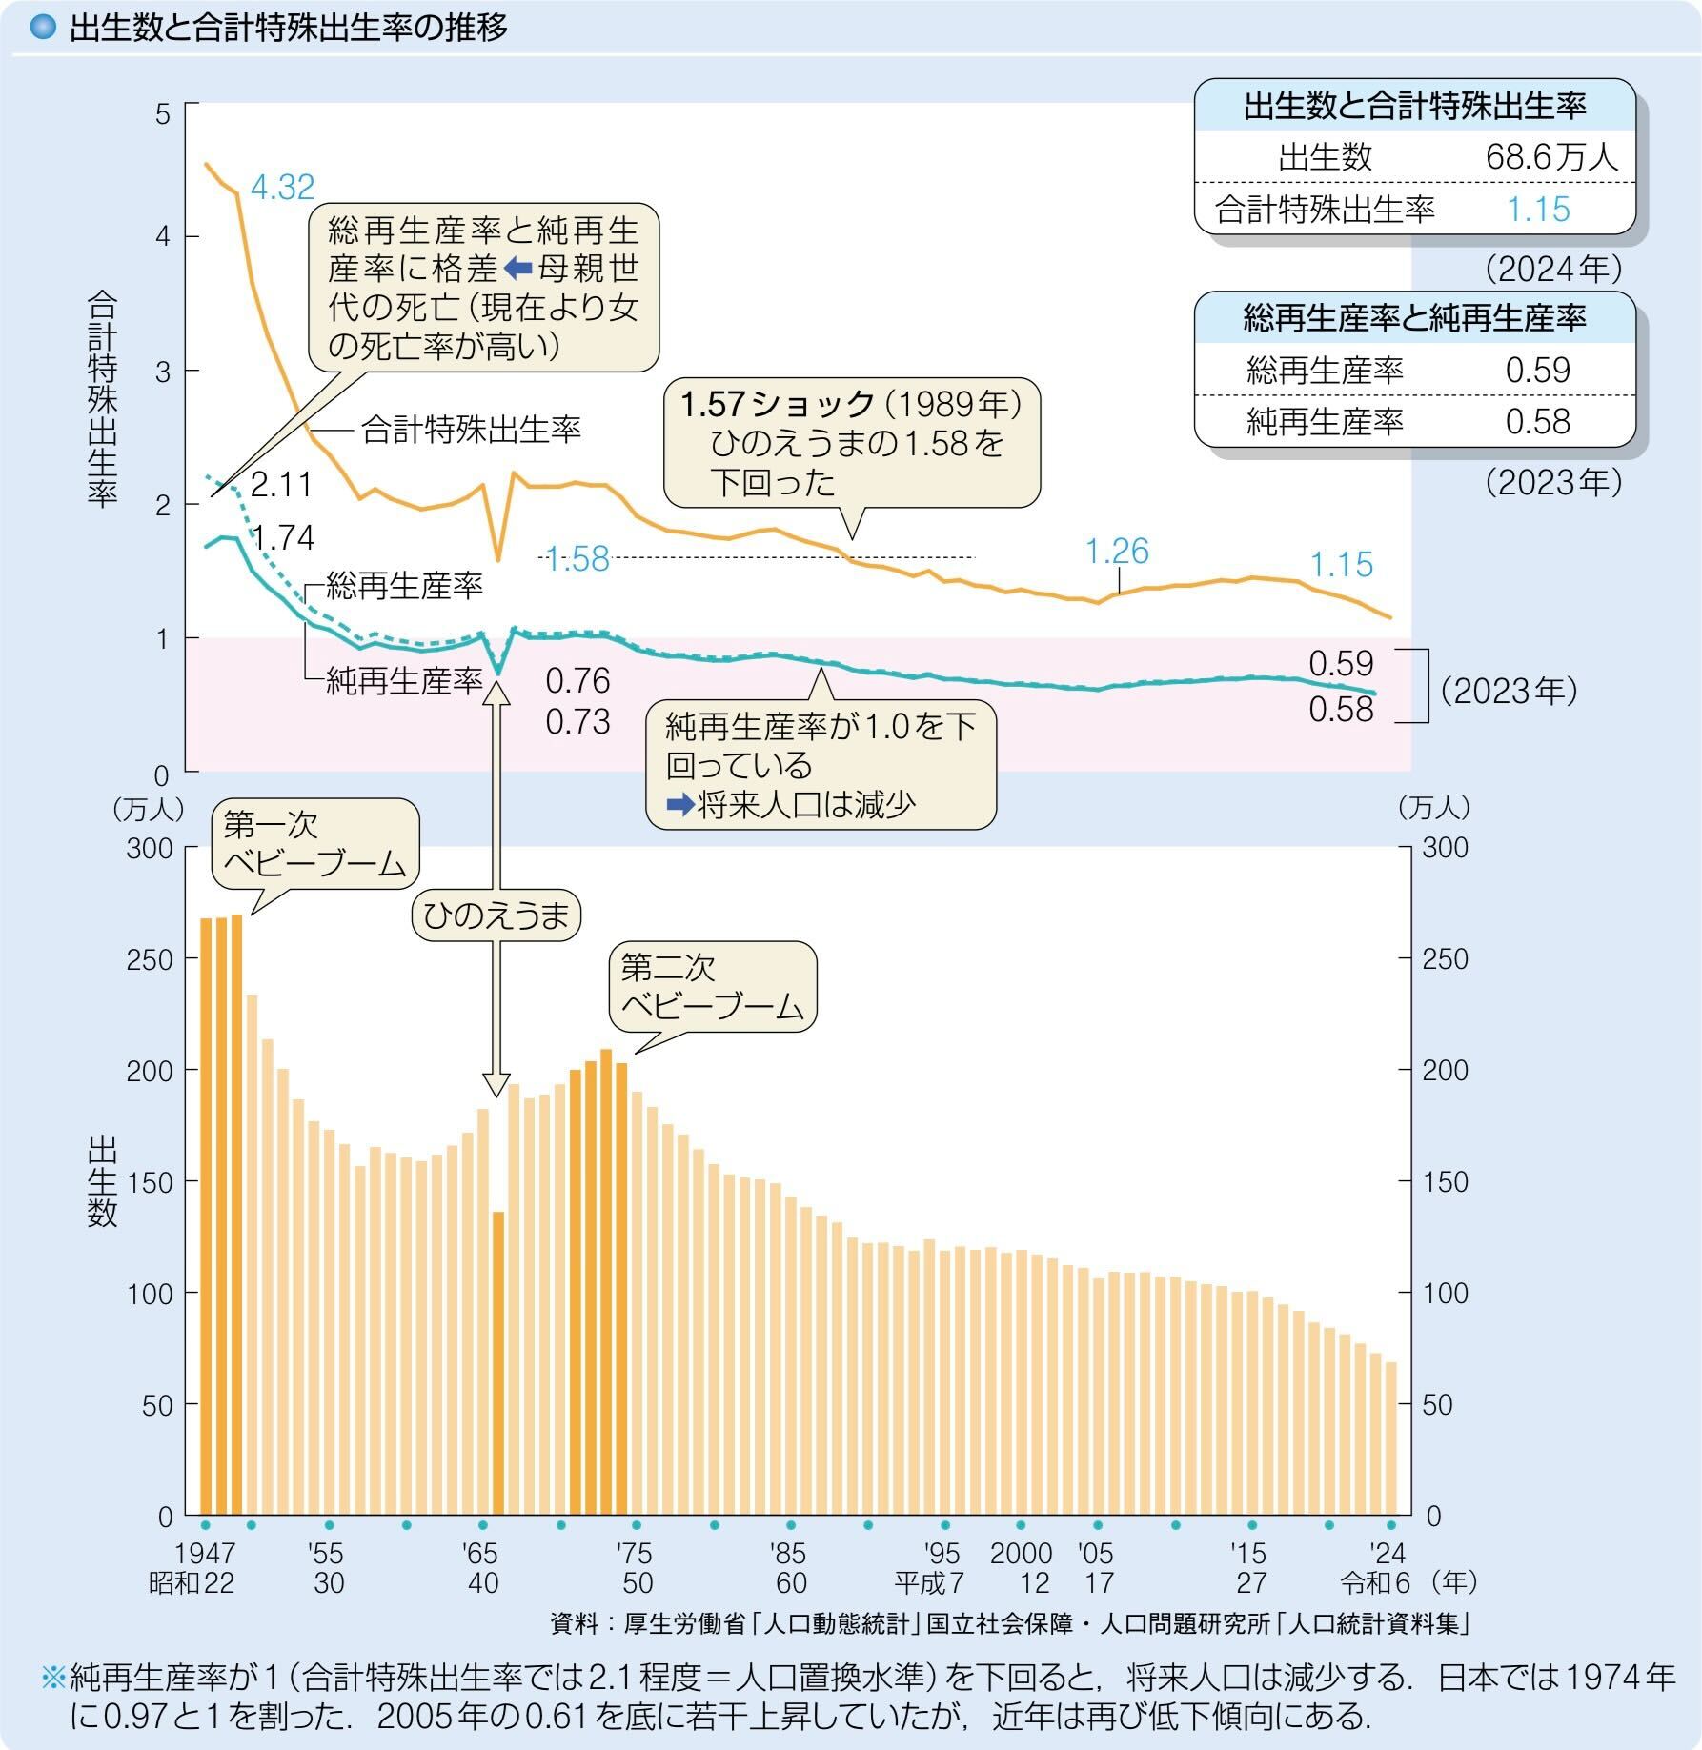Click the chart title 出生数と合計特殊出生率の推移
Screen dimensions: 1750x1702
[288, 28]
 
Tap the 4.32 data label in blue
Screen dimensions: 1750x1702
[282, 187]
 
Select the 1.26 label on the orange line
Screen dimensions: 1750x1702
[1117, 551]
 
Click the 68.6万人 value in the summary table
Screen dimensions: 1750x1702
[1551, 157]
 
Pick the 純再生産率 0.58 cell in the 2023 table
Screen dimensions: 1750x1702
[1537, 421]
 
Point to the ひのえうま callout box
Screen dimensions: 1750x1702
[496, 915]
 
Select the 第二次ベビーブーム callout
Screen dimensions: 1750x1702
[712, 987]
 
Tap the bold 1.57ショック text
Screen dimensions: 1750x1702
[777, 405]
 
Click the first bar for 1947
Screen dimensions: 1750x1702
[205, 1216]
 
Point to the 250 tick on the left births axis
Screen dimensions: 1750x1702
[150, 959]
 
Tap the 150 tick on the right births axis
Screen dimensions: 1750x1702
[1445, 1182]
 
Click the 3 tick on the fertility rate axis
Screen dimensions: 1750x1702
[162, 372]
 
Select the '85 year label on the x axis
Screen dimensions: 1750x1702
[788, 1554]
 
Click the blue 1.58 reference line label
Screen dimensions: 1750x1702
[577, 559]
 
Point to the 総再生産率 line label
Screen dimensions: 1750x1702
[404, 585]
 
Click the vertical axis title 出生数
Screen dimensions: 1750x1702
[102, 1182]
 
